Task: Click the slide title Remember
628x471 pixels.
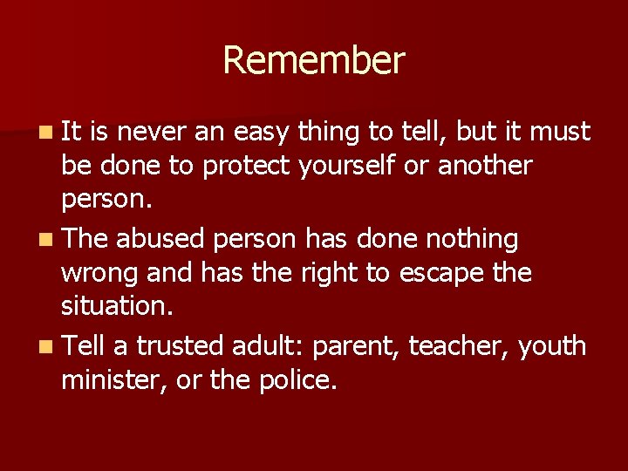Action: (x=314, y=61)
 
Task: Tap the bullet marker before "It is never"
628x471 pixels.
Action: (x=44, y=133)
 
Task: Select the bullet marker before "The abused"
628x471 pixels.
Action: (x=44, y=239)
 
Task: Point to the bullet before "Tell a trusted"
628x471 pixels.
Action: (x=44, y=347)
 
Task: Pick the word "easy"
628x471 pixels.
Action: (x=259, y=133)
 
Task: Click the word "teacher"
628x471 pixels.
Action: (x=459, y=347)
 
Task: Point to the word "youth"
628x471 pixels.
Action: (x=553, y=347)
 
